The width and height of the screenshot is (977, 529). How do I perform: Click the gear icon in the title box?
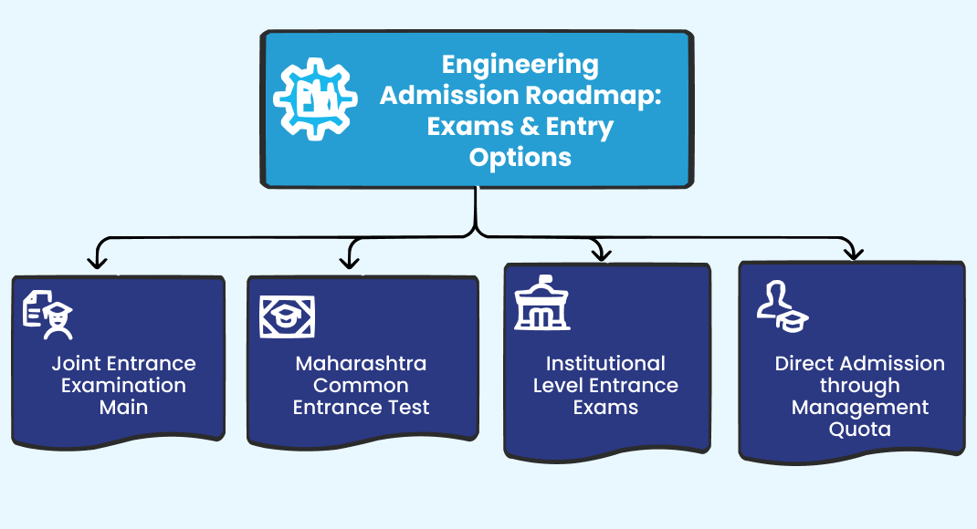315,99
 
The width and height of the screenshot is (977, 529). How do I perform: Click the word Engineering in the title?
520,66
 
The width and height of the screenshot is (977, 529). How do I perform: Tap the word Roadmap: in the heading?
593,96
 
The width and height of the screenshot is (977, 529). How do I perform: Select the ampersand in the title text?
529,127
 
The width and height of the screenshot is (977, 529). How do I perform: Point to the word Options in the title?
520,158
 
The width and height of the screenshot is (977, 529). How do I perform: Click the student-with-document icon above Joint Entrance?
48,315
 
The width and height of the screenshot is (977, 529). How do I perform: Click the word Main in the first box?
123,407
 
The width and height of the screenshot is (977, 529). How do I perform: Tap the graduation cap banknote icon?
287,316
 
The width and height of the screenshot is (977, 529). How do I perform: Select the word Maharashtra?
361,363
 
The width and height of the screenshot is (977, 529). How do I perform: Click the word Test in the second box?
409,407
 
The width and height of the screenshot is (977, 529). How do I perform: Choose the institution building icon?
542,303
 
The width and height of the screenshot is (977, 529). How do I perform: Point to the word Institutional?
605,363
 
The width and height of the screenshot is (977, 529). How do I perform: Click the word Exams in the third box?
605,407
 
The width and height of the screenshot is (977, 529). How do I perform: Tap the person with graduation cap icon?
783,306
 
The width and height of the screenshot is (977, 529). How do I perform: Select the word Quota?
860,429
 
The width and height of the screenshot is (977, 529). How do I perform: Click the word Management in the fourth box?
860,407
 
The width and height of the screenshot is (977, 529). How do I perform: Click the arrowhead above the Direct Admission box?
854,252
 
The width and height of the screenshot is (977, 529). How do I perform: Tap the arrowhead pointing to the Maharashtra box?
350,261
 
